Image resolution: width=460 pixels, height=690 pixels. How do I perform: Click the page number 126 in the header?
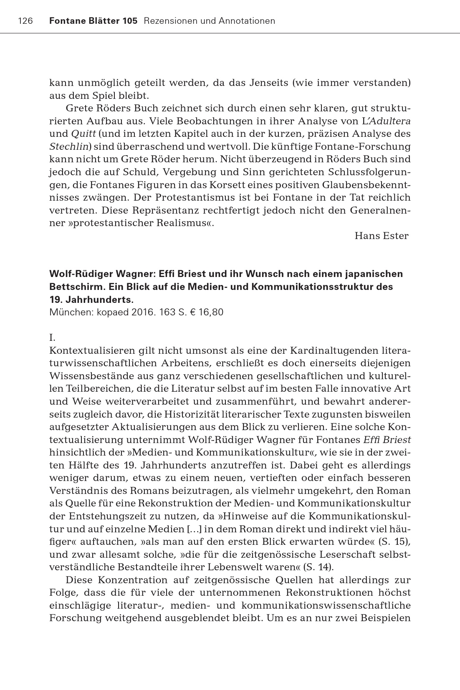click(x=25, y=21)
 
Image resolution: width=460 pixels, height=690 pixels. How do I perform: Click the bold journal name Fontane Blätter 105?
click(x=93, y=21)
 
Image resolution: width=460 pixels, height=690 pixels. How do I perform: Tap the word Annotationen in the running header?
click(x=247, y=21)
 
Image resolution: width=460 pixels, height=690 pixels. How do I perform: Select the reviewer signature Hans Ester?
click(x=381, y=236)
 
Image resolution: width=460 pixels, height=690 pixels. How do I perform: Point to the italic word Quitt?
click(x=80, y=134)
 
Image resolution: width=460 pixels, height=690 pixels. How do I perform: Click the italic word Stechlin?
click(x=69, y=146)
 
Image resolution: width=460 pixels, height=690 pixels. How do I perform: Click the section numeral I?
click(x=52, y=337)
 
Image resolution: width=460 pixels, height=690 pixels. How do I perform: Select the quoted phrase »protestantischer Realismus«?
click(x=138, y=223)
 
